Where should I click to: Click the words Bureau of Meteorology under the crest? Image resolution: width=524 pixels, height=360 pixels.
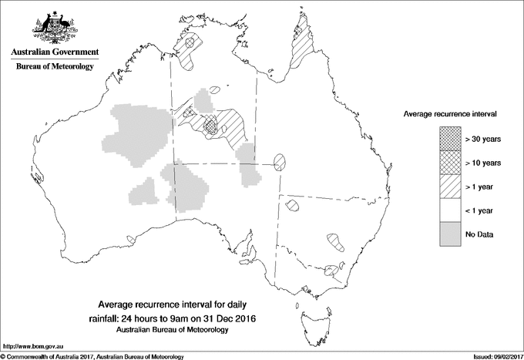pyautogui.click(x=55, y=67)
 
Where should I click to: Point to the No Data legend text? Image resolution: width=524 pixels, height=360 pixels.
pyautogui.click(x=480, y=234)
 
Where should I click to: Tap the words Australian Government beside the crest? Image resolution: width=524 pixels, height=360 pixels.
pyautogui.click(x=55, y=52)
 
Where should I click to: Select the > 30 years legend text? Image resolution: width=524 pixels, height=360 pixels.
pyautogui.click(x=483, y=138)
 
